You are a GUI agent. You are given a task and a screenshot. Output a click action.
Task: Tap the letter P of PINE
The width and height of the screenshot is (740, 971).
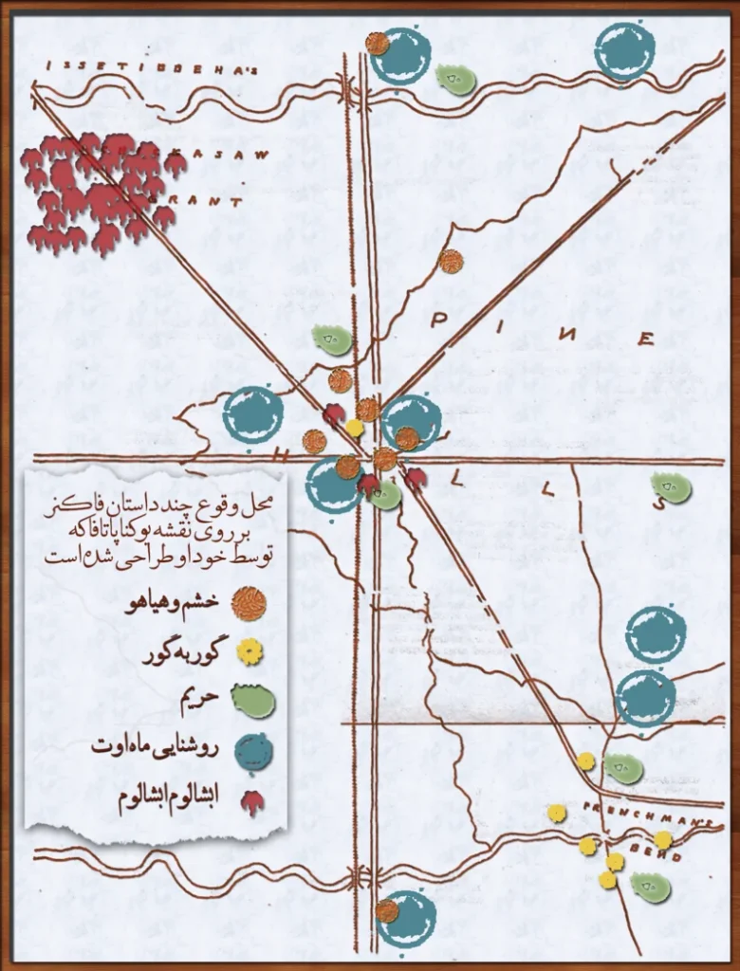pos(438,321)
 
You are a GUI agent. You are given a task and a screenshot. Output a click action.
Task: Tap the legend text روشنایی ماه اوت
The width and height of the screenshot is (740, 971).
pos(156,749)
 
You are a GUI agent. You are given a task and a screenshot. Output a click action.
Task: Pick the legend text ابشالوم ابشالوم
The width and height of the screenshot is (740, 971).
pos(171,800)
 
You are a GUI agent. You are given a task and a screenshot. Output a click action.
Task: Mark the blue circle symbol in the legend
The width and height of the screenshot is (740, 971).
pos(253,752)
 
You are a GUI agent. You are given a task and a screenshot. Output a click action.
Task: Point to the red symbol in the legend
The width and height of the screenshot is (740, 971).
pos(252,802)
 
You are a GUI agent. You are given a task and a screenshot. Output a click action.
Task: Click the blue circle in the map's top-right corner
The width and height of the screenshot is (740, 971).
pos(624,51)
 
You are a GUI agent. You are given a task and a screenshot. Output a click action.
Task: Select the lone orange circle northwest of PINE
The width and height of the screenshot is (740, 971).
pos(451,261)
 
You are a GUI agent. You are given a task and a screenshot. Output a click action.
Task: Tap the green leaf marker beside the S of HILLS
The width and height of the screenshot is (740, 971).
pos(672,487)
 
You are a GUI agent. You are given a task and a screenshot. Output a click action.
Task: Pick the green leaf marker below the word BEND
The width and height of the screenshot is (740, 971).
pos(651,888)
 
